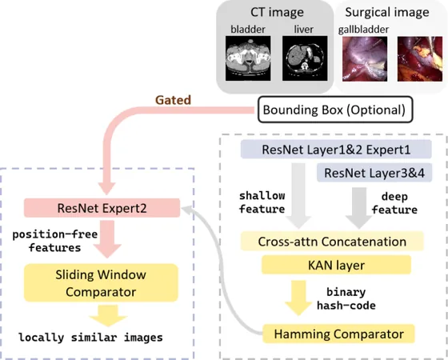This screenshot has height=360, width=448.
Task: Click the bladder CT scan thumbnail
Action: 248,58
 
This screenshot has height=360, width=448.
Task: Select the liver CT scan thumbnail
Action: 305,58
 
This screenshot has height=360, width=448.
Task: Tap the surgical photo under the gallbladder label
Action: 365,59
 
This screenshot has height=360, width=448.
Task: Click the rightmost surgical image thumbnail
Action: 420,59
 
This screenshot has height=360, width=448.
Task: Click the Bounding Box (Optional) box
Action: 335,110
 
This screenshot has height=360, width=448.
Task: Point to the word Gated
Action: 173,100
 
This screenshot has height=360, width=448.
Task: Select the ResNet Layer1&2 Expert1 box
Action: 336,150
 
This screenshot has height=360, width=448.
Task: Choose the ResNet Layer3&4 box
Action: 374,173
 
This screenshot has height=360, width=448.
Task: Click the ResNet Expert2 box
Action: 102,208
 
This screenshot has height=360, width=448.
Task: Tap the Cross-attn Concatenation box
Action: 332,242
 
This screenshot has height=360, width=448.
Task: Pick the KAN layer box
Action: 336,265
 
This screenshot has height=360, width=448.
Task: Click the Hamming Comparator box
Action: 338,334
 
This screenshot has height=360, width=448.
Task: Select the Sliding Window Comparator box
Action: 101,283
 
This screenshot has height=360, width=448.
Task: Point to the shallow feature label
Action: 262,202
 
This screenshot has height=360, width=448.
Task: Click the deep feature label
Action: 394,203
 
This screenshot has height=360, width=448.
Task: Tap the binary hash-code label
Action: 346,299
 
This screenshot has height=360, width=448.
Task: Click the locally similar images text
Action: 90,338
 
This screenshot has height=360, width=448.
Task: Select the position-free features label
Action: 55,241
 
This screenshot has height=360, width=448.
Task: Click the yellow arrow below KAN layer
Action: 298,298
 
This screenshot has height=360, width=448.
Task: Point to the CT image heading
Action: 277,12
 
